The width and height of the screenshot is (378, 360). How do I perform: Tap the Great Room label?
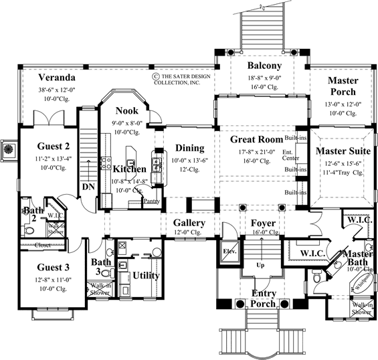point(256,140)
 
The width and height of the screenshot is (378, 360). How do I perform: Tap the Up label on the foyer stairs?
point(260,265)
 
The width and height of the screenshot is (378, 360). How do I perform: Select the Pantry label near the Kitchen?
point(151,201)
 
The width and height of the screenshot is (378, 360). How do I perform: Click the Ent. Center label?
point(290,156)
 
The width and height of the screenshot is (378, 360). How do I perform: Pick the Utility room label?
point(146,275)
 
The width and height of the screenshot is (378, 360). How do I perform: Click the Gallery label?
point(189,222)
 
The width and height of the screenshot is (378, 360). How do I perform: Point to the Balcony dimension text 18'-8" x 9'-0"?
point(264,78)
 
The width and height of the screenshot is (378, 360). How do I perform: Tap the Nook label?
point(127,110)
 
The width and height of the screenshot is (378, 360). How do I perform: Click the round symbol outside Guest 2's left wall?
point(8,149)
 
